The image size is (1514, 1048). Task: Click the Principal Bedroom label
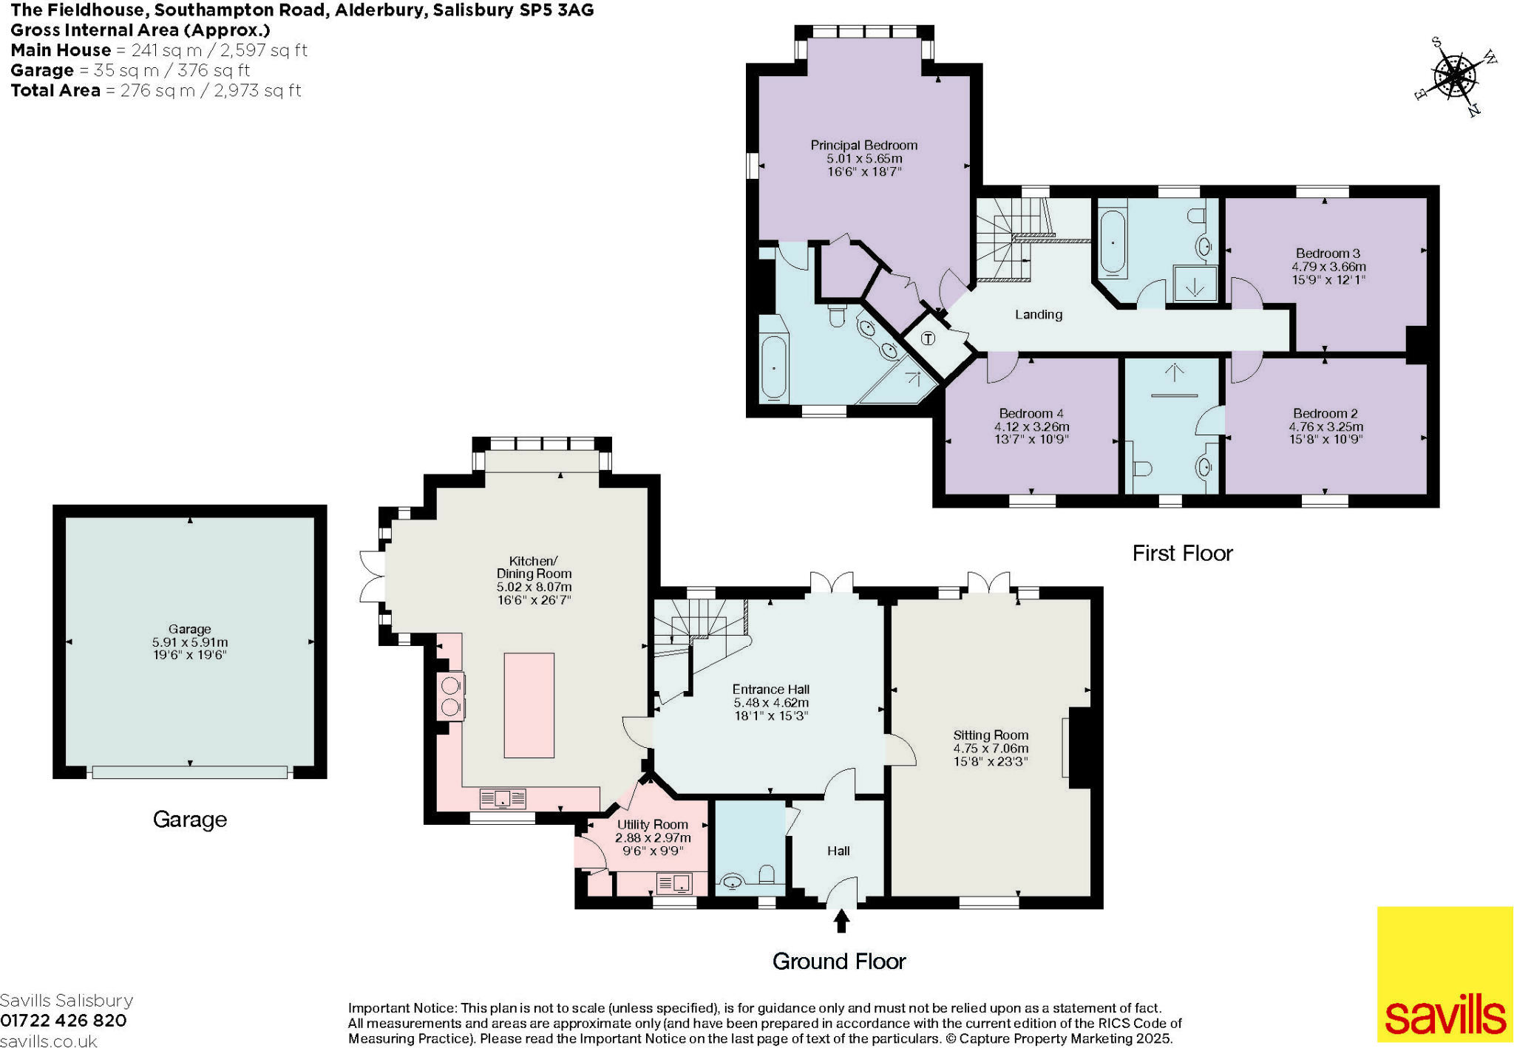click(863, 146)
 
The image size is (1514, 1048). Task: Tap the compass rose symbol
click(1454, 76)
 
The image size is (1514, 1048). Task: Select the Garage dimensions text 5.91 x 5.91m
click(190, 642)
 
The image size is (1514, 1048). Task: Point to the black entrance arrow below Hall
click(841, 921)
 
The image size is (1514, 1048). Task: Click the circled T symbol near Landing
click(929, 338)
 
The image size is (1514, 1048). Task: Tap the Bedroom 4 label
click(1031, 413)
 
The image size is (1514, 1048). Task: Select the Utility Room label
click(652, 824)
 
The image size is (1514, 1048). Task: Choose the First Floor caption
click(1182, 553)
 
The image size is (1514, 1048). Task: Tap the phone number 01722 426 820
click(64, 1021)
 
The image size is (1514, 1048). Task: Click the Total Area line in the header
click(156, 90)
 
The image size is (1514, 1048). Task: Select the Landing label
click(1038, 314)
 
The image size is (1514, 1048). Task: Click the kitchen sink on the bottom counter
click(503, 798)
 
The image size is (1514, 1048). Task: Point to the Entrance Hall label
click(770, 689)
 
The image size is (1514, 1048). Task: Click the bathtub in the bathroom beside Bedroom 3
click(1112, 242)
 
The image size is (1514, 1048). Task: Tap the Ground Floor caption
click(838, 961)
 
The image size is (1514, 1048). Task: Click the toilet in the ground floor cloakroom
click(767, 875)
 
